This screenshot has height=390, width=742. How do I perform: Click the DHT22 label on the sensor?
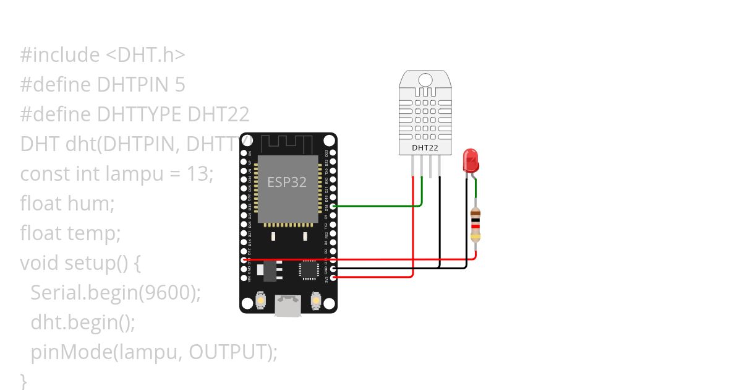tap(424, 147)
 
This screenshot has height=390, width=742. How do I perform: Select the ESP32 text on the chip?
tap(287, 183)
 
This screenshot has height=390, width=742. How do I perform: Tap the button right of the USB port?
tap(315, 301)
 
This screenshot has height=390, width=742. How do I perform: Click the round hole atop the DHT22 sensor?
tap(425, 80)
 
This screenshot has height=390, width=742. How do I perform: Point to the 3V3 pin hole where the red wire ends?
tap(334, 278)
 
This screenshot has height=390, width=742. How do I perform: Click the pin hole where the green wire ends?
tap(334, 206)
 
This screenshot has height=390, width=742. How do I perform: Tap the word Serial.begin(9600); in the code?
tap(116, 293)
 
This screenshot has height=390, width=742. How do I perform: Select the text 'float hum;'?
tap(67, 203)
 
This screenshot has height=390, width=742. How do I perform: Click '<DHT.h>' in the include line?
tap(145, 54)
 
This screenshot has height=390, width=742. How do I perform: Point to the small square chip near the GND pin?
tap(308, 270)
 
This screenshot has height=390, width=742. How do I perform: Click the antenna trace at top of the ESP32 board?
tap(288, 144)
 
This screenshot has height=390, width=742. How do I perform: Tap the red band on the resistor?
tap(475, 226)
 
